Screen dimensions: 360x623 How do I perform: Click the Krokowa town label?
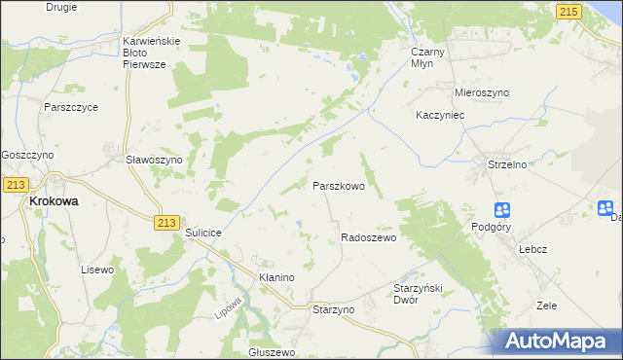tap(55, 201)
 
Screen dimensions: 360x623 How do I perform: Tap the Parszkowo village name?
tap(338, 185)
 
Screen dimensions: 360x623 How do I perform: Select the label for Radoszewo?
tap(368, 237)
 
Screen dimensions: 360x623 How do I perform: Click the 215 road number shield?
tap(570, 10)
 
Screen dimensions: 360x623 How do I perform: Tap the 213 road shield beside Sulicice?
tap(165, 223)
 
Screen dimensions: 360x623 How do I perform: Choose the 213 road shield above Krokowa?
tap(15, 184)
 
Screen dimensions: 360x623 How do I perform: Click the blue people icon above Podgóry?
tap(502, 210)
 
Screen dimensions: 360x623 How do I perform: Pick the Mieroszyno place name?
tap(482, 92)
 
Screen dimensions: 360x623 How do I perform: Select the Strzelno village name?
tap(506, 165)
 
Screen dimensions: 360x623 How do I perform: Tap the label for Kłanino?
tap(275, 277)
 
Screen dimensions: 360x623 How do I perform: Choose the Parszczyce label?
tap(70, 107)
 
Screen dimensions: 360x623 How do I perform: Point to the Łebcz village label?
tap(531, 248)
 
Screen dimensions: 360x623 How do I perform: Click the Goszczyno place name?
tap(27, 155)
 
